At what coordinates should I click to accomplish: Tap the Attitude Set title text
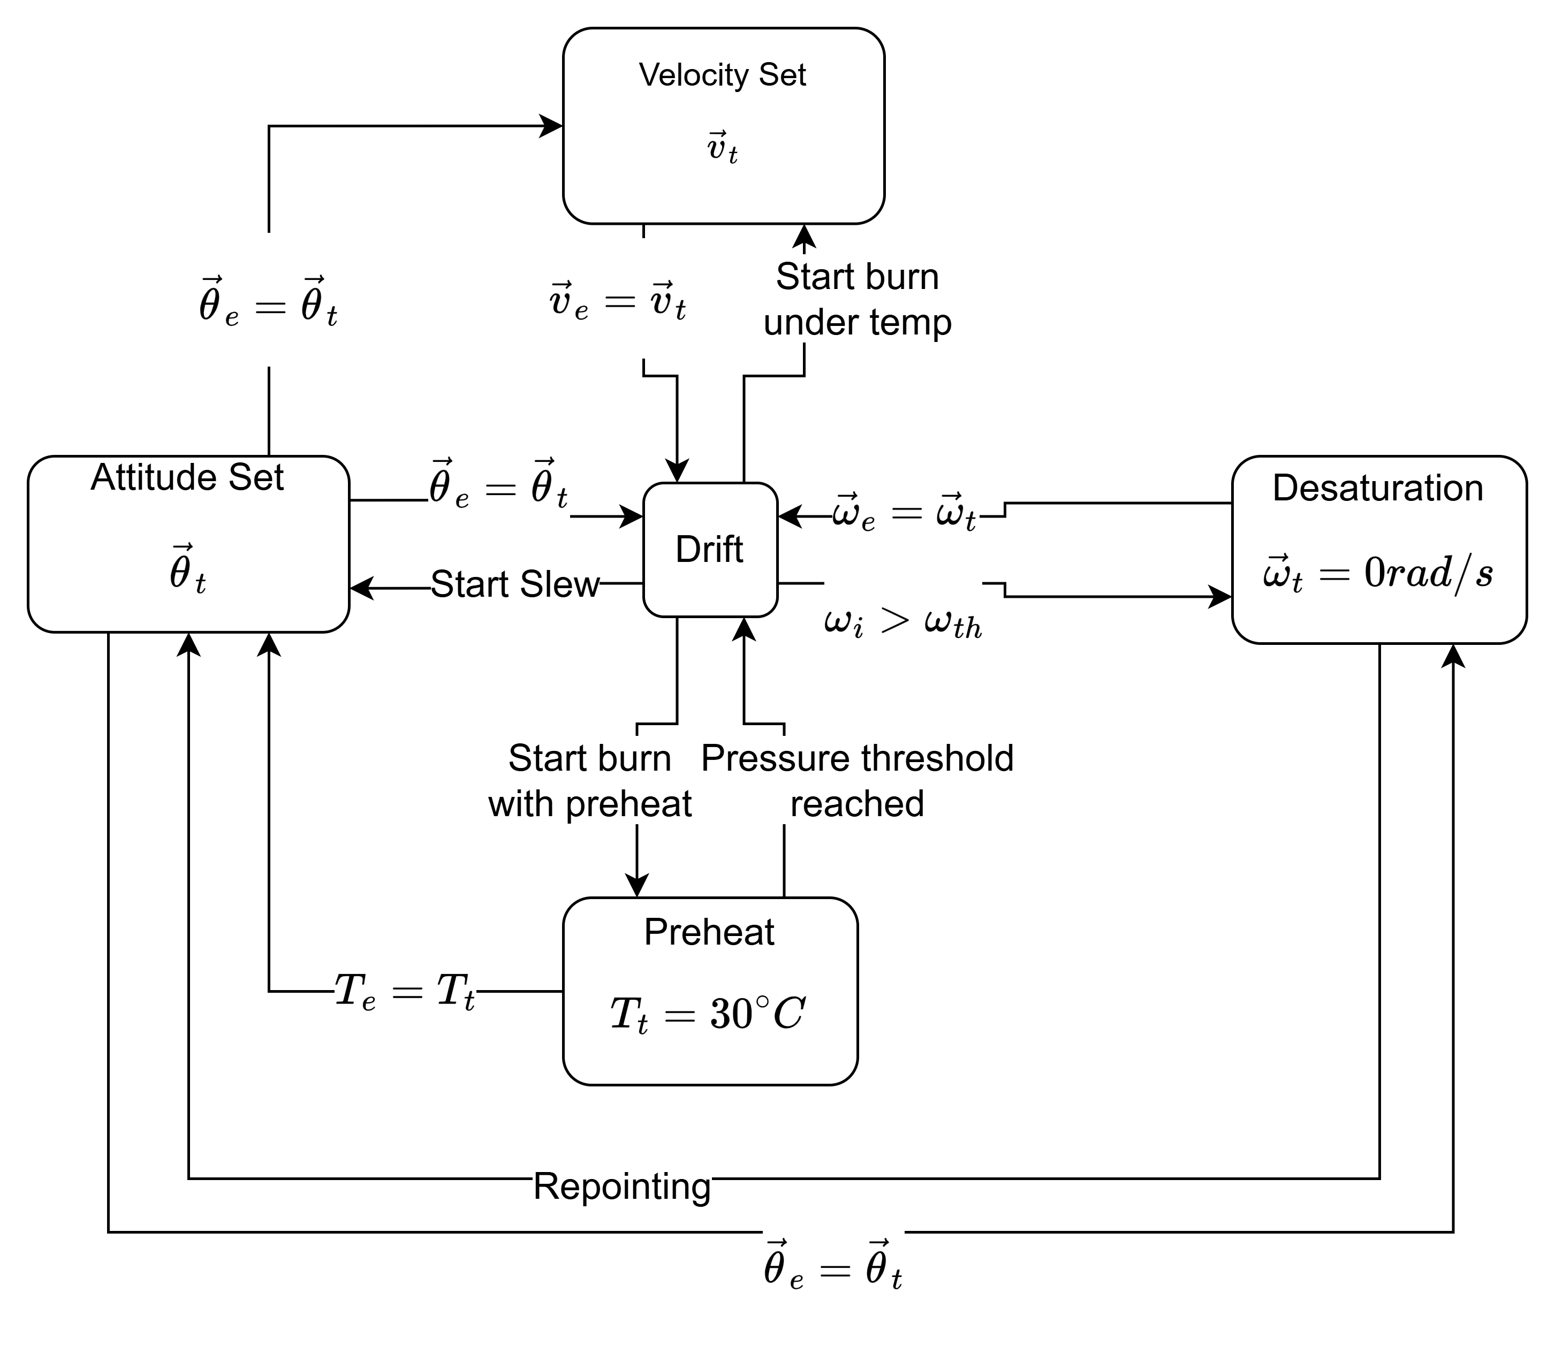click(x=187, y=477)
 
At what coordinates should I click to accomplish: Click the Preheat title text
click(x=709, y=932)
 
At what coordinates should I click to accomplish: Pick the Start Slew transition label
click(x=514, y=584)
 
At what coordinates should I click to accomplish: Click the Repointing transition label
click(x=622, y=1186)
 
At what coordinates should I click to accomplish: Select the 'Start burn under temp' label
click(x=857, y=299)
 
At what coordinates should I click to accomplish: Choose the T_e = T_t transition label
click(x=404, y=991)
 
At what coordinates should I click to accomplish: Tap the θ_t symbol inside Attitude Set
click(x=187, y=572)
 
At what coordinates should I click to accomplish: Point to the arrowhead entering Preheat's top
click(x=637, y=886)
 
